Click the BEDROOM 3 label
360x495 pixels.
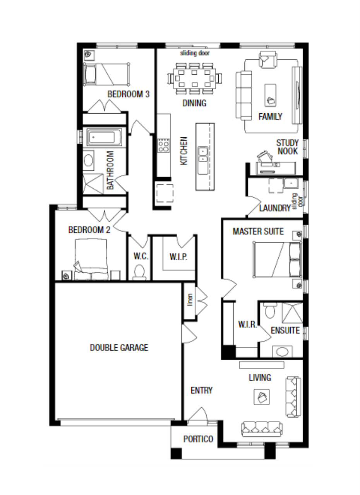(x=129, y=94)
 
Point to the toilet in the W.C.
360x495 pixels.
(x=139, y=272)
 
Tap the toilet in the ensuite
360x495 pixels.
(x=269, y=311)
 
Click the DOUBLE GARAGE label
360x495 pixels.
(x=119, y=348)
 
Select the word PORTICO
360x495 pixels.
(x=198, y=439)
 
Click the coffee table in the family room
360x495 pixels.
(x=270, y=95)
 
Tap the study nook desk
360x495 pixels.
(x=276, y=168)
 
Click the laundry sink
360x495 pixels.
(x=291, y=183)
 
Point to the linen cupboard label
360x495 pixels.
(x=190, y=300)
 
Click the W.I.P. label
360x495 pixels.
(x=178, y=257)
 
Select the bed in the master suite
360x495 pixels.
(x=277, y=259)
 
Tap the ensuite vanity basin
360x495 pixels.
(x=282, y=352)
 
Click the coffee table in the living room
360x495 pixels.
(x=262, y=397)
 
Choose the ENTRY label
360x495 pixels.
(x=201, y=390)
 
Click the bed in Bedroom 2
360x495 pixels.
(x=91, y=259)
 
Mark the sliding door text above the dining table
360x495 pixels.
(x=195, y=53)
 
